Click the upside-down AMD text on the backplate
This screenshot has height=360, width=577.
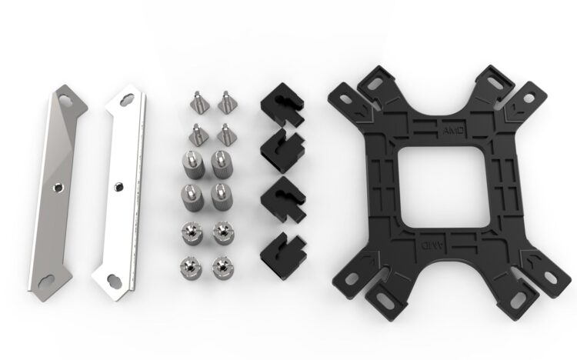(423, 245)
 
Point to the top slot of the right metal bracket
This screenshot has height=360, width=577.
(128, 98)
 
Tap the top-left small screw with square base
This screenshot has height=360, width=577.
(196, 102)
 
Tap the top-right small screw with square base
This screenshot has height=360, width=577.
(225, 102)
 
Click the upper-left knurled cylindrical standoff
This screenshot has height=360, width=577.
(190, 164)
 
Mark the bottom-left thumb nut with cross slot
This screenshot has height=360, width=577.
(189, 266)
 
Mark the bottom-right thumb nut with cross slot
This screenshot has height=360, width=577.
(222, 266)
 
